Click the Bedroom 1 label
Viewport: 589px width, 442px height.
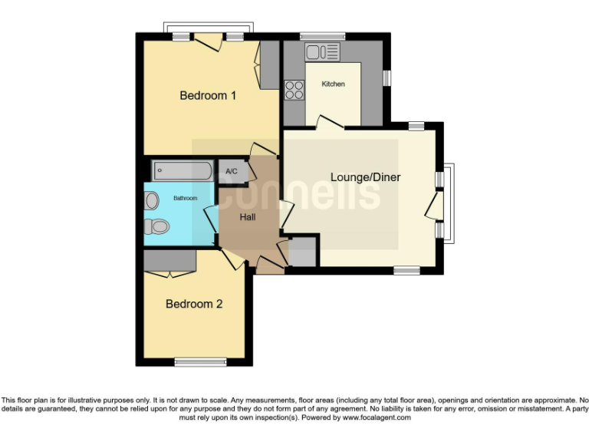(x=208, y=96)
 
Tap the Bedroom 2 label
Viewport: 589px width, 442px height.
(x=194, y=304)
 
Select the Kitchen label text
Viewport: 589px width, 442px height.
(x=333, y=84)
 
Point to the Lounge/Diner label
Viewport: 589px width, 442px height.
(x=365, y=177)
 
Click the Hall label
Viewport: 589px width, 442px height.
(x=248, y=217)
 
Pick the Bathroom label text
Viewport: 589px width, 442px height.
(x=185, y=198)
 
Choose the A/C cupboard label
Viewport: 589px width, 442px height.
(x=232, y=172)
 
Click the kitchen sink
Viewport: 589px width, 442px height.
(x=322, y=52)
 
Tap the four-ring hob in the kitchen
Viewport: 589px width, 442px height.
(x=294, y=91)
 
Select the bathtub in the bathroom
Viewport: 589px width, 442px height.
(x=182, y=170)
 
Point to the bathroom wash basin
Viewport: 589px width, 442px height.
(x=151, y=201)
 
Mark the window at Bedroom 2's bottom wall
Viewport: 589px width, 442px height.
(x=201, y=361)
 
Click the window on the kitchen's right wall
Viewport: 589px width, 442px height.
(x=387, y=78)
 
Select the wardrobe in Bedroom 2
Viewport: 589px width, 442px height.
(x=170, y=261)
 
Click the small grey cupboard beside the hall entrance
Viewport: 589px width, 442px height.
(x=302, y=252)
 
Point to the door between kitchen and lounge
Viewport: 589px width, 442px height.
(x=329, y=123)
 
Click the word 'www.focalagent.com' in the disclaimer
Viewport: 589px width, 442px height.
(x=377, y=418)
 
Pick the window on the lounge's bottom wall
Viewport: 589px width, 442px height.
(x=406, y=270)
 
